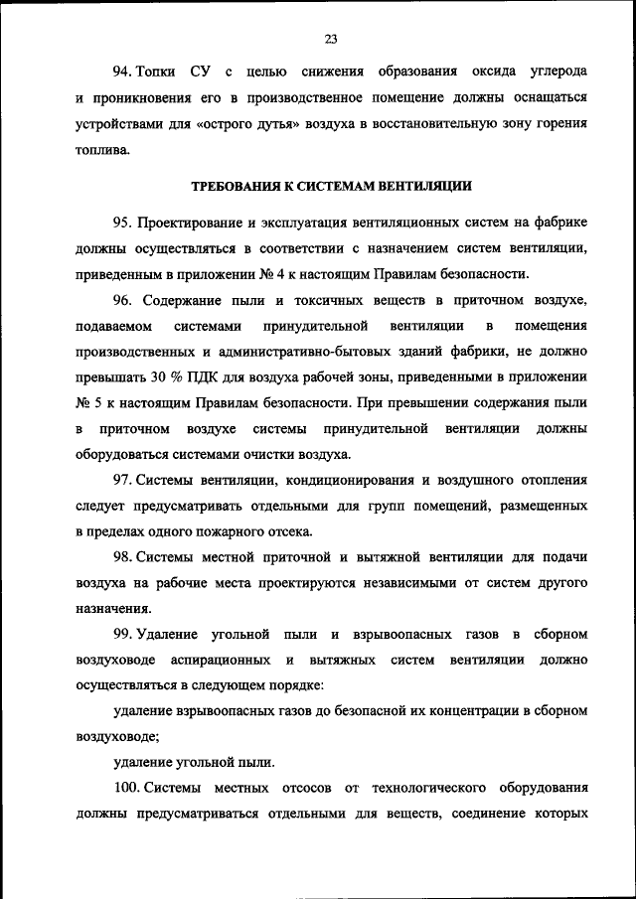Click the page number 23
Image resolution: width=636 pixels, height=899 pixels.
coord(331,39)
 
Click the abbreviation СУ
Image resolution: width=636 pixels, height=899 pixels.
coord(202,74)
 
